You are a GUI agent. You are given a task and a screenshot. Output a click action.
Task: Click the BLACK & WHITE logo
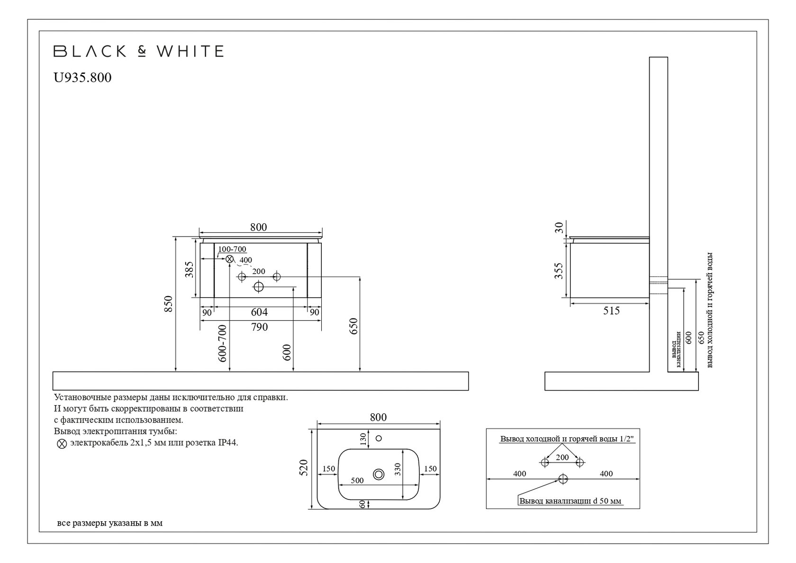pyautogui.click(x=138, y=51)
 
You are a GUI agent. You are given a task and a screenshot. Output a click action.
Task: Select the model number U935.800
pyautogui.click(x=83, y=77)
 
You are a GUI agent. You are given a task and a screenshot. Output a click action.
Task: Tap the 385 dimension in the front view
pyautogui.click(x=189, y=270)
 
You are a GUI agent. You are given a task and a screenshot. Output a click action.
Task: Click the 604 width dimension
pyautogui.click(x=259, y=312)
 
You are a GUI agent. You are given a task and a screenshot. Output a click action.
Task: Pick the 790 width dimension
pyautogui.click(x=259, y=327)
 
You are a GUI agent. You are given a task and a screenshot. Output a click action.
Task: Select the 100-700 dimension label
pyautogui.click(x=232, y=249)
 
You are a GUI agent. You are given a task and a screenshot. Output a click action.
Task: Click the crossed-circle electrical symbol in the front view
pyautogui.click(x=230, y=259)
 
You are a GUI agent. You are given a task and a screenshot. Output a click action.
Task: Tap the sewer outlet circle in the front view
pyautogui.click(x=259, y=286)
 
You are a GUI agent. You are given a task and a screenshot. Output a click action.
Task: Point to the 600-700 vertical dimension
pyautogui.click(x=223, y=343)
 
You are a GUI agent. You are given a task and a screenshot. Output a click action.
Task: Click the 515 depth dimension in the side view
pyautogui.click(x=611, y=311)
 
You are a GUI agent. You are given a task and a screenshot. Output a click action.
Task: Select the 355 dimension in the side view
pyautogui.click(x=559, y=271)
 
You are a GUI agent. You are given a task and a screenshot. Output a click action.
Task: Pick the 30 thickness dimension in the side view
pyautogui.click(x=560, y=228)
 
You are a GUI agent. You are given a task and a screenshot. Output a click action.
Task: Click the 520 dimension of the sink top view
pyautogui.click(x=304, y=467)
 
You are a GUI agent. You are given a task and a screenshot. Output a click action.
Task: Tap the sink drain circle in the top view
pyautogui.click(x=379, y=474)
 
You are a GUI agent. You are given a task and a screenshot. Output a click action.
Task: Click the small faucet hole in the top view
pyautogui.click(x=379, y=438)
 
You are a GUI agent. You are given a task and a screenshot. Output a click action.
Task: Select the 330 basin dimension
pyautogui.click(x=398, y=469)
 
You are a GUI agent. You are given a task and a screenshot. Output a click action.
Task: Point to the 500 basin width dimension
pyautogui.click(x=357, y=481)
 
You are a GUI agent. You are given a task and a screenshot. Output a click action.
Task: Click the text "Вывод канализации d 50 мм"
pyautogui.click(x=570, y=501)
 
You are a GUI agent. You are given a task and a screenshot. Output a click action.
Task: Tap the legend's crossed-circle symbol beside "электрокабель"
pyautogui.click(x=62, y=444)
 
